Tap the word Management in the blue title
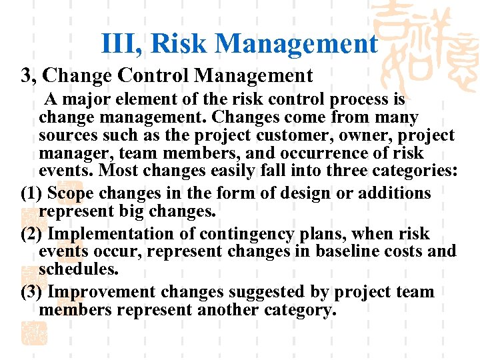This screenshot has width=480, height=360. point(296,44)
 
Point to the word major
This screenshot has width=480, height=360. point(83,100)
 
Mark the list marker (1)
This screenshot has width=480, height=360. point(33,193)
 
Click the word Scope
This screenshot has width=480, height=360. point(71,193)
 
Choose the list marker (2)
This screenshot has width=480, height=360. point(33,234)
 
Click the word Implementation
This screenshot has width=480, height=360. point(104,234)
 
